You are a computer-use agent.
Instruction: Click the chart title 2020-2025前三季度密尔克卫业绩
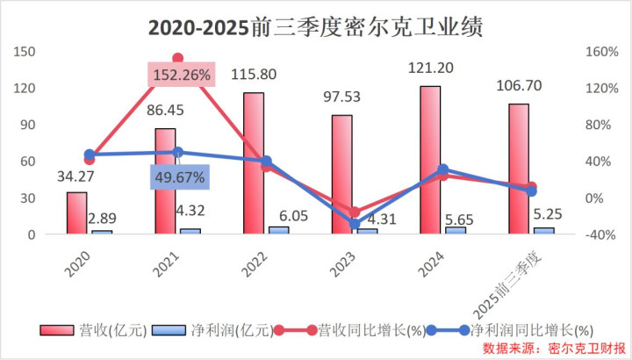[x=315, y=26]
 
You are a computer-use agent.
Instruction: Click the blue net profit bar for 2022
[x=278, y=230]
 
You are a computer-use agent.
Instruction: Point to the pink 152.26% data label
[x=181, y=75]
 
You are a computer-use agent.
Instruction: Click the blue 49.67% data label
[x=179, y=178]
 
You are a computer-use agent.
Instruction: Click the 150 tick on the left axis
[x=25, y=51]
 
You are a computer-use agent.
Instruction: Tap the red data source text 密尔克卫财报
[x=587, y=349]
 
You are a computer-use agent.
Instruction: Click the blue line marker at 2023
[x=355, y=224]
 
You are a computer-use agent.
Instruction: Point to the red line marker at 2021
[x=178, y=58]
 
